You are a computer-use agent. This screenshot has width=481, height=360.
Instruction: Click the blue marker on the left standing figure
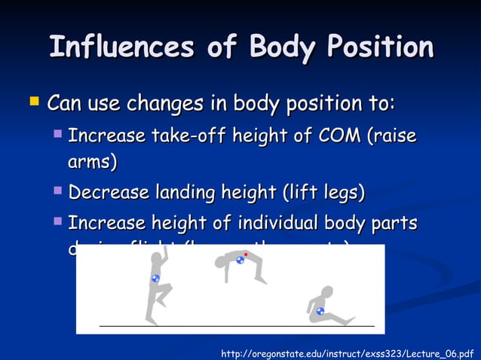[155, 278]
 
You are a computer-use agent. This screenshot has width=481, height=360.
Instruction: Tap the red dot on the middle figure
[246, 255]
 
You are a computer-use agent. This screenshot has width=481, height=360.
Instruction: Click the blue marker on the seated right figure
[320, 310]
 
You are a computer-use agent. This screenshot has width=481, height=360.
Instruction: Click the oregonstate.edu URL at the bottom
[347, 352]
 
